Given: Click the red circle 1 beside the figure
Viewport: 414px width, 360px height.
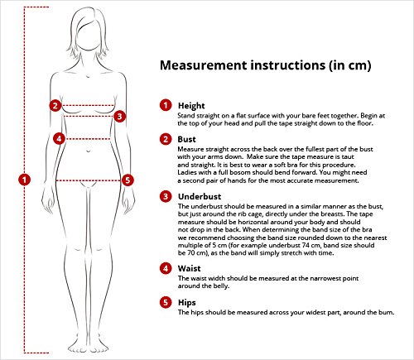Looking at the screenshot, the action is pyautogui.click(x=24, y=180).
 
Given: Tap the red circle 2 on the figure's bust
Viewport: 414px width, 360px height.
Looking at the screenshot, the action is pyautogui.click(x=55, y=105).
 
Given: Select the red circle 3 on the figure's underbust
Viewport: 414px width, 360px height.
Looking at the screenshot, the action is pyautogui.click(x=119, y=117).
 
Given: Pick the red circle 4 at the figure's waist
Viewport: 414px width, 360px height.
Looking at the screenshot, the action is pyautogui.click(x=59, y=138).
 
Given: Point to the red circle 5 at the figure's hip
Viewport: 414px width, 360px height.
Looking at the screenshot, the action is pyautogui.click(x=128, y=180).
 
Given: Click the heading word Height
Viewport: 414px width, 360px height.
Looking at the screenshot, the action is pyautogui.click(x=191, y=106).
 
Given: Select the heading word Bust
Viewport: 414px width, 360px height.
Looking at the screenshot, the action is pyautogui.click(x=186, y=139).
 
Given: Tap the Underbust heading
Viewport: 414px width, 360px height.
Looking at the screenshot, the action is pyautogui.click(x=200, y=196).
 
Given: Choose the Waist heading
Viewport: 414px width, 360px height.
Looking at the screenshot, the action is pyautogui.click(x=189, y=268).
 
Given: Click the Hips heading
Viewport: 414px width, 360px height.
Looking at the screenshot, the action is pyautogui.click(x=187, y=303).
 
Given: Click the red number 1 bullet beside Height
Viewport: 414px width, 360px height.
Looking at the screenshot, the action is pyautogui.click(x=166, y=105).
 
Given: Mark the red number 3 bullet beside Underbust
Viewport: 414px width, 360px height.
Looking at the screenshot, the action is pyautogui.click(x=166, y=196).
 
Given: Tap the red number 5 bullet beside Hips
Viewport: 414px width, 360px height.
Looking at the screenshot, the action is pyautogui.click(x=166, y=302).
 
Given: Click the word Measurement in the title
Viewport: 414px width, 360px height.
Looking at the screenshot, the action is pyautogui.click(x=204, y=65).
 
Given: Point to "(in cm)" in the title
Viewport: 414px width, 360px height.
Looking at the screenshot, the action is pyautogui.click(x=349, y=65).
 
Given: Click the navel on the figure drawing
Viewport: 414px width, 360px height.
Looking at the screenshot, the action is pyautogui.click(x=88, y=151).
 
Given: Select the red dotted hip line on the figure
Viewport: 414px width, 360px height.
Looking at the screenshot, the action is pyautogui.click(x=89, y=180).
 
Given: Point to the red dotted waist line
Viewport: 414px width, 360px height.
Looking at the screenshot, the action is pyautogui.click(x=88, y=139).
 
